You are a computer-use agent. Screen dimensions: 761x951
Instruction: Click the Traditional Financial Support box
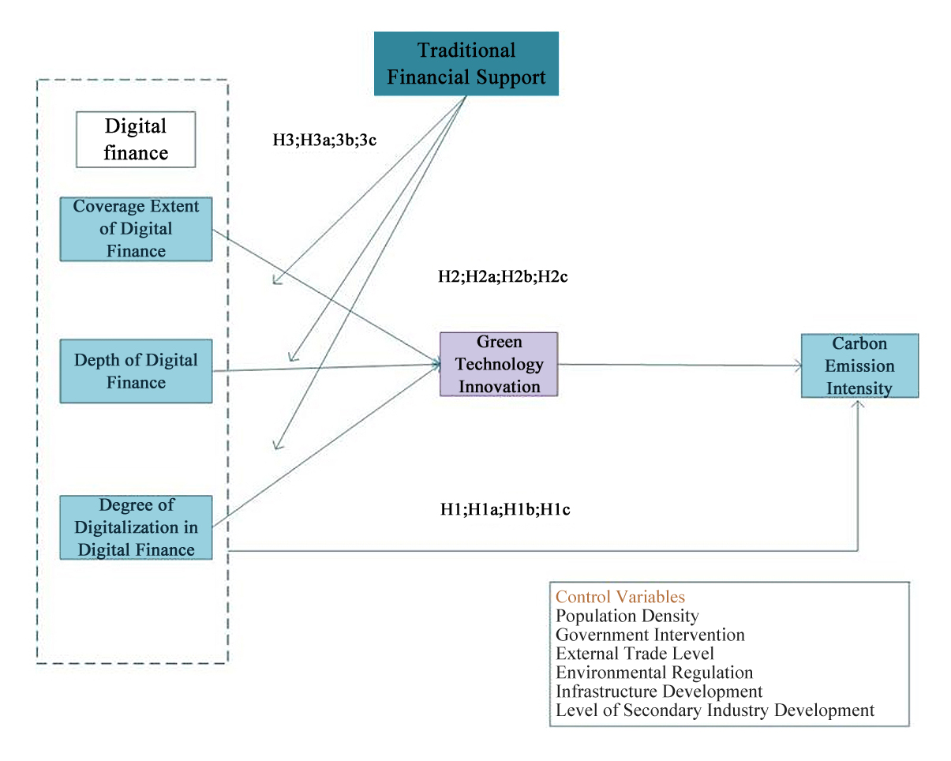[x=466, y=63]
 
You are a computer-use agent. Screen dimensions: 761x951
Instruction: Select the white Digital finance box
[x=136, y=139]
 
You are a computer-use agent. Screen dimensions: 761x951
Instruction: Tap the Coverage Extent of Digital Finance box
[x=136, y=229]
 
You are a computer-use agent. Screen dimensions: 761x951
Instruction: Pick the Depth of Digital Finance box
[x=136, y=371]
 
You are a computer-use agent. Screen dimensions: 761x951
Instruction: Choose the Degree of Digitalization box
[x=136, y=527]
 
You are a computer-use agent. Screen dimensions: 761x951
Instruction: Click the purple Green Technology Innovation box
[x=499, y=364]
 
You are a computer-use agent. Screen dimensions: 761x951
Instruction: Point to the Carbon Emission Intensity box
[x=859, y=366]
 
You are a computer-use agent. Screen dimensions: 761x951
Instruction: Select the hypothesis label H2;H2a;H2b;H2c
[x=503, y=277]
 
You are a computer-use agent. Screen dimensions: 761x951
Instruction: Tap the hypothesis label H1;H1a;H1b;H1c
[x=505, y=509]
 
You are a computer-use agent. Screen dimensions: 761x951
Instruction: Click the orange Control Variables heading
[x=620, y=597]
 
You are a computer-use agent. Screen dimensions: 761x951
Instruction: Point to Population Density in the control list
[x=627, y=616]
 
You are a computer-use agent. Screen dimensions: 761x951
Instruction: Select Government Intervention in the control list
[x=650, y=635]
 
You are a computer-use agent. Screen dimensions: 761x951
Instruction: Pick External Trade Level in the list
[x=635, y=654]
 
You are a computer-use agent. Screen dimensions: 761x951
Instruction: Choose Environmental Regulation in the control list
[x=654, y=673]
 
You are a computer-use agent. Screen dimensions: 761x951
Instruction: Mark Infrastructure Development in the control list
[x=659, y=692]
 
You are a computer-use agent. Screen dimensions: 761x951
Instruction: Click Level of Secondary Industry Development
[x=715, y=710]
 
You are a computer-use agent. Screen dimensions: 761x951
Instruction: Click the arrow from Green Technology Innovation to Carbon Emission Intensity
[x=679, y=365]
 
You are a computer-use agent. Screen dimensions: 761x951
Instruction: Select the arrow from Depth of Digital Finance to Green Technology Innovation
[x=324, y=368]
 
